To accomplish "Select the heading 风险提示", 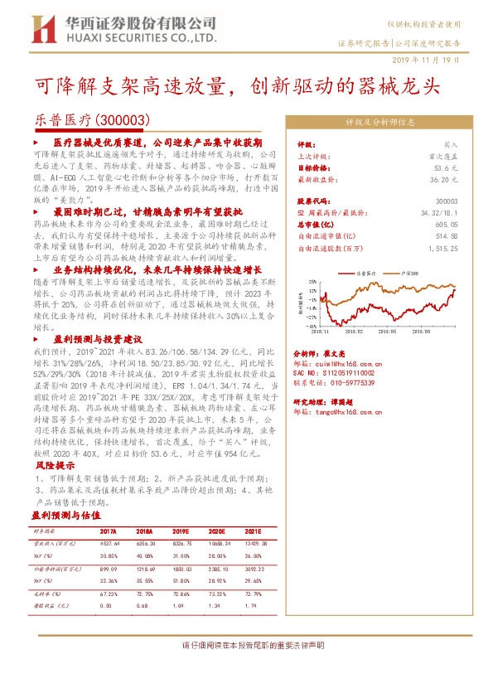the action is (54, 467).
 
